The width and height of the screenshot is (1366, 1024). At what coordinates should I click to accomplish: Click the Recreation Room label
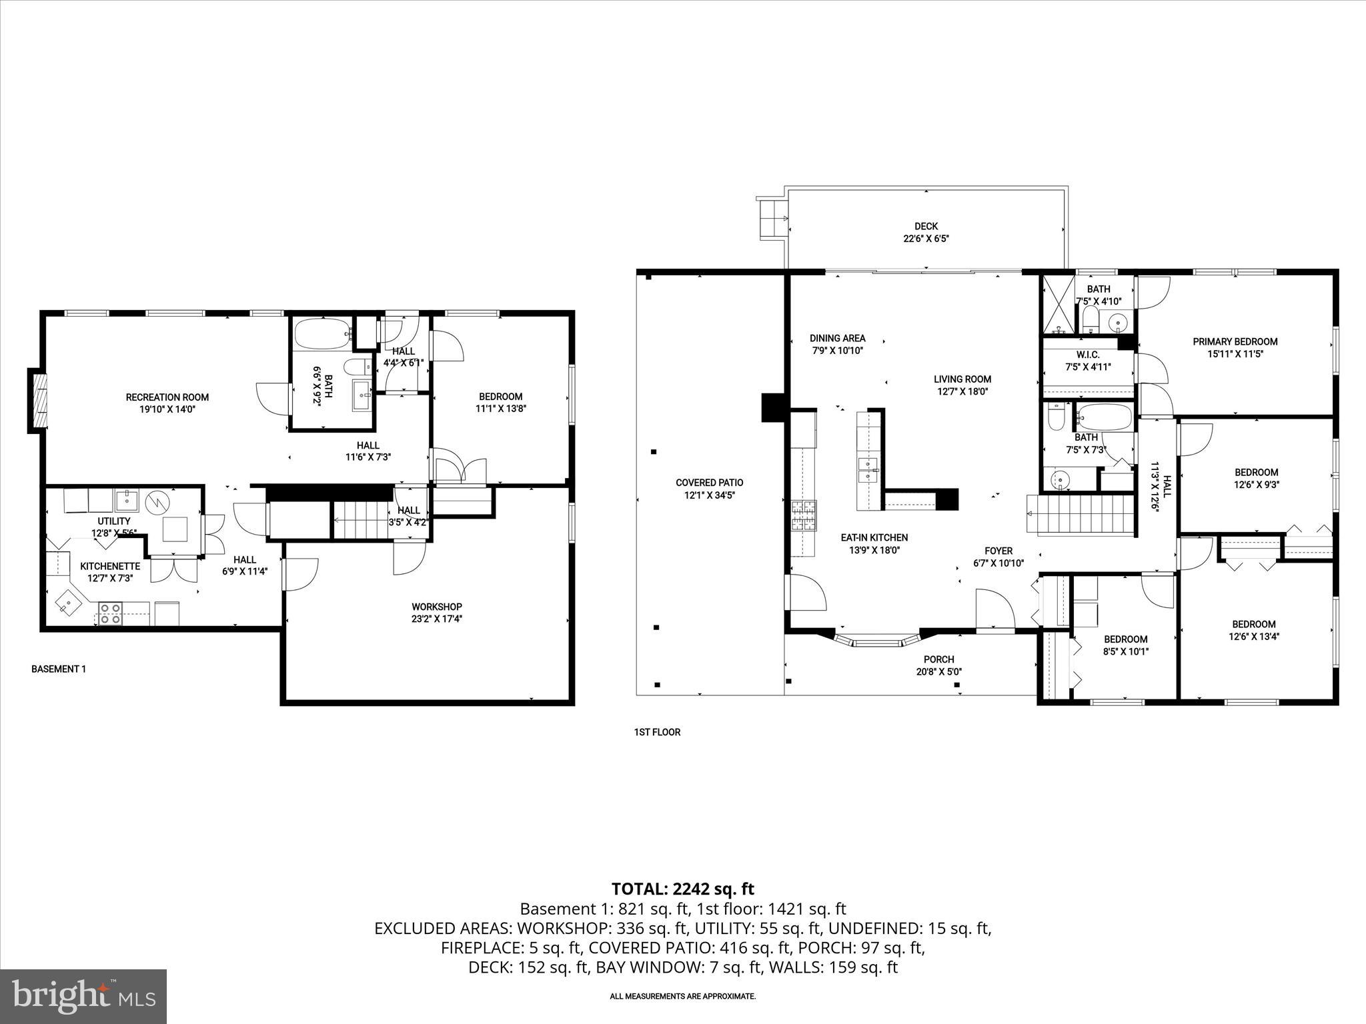pyautogui.click(x=167, y=397)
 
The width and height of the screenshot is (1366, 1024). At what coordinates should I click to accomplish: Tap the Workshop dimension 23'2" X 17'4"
pyautogui.click(x=437, y=619)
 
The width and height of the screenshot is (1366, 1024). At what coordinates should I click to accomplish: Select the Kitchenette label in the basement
pyautogui.click(x=110, y=566)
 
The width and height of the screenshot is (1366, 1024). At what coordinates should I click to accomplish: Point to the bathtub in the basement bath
pyautogui.click(x=322, y=333)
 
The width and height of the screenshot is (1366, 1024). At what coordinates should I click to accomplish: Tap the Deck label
pyautogui.click(x=926, y=227)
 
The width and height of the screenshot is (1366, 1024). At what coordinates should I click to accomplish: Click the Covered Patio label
pyautogui.click(x=709, y=483)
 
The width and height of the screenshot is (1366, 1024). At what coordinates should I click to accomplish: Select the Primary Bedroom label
pyautogui.click(x=1235, y=342)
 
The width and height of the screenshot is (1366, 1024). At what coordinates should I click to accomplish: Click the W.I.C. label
pyautogui.click(x=1088, y=355)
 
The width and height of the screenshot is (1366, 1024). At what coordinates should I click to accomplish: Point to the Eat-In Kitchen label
pyautogui.click(x=874, y=537)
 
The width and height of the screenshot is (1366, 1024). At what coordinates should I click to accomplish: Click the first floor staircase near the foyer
pyautogui.click(x=1081, y=515)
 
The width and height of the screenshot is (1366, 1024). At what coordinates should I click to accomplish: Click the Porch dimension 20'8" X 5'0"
pyautogui.click(x=939, y=672)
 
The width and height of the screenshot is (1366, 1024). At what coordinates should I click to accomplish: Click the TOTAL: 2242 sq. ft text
pyautogui.click(x=682, y=889)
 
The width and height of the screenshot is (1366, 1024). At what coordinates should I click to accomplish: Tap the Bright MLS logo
pyautogui.click(x=83, y=996)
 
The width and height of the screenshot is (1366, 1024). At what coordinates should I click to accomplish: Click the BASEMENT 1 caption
pyautogui.click(x=59, y=669)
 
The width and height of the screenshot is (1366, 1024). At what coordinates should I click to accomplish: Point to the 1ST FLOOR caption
pyautogui.click(x=657, y=732)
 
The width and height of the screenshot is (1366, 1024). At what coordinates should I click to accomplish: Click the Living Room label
pyautogui.click(x=962, y=379)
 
